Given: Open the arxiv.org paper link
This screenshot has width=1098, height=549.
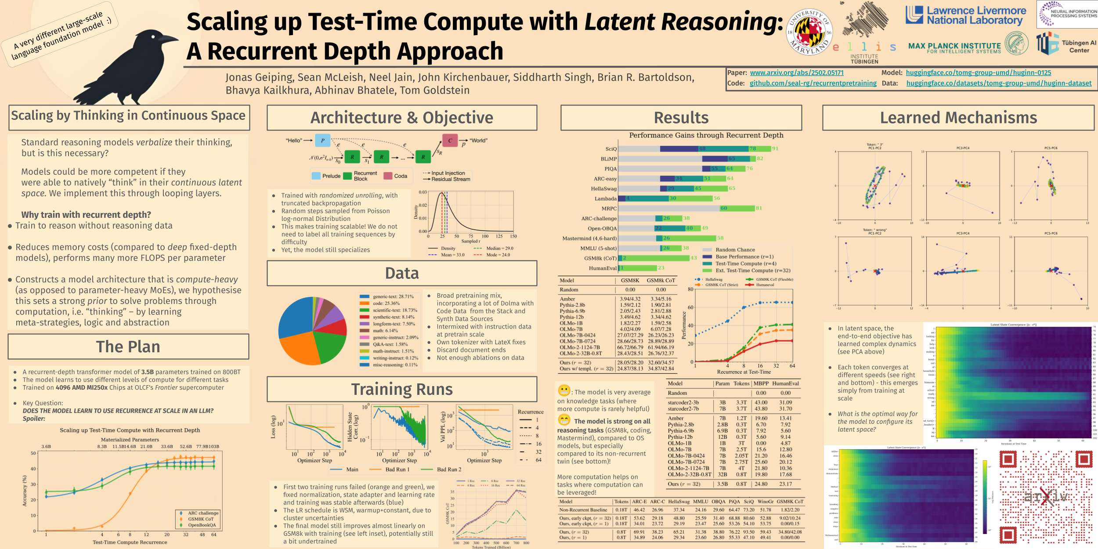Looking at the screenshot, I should [x=797, y=73].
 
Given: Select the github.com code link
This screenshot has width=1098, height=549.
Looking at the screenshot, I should [x=813, y=83].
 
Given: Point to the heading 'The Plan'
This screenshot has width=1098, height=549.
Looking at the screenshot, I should [x=128, y=347].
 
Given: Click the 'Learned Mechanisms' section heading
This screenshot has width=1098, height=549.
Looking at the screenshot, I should [x=958, y=118].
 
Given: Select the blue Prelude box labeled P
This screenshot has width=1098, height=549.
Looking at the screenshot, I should [x=322, y=141].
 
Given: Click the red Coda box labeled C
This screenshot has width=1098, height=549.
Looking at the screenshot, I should [x=450, y=141].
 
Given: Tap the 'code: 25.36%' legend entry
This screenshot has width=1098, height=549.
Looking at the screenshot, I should [x=386, y=303].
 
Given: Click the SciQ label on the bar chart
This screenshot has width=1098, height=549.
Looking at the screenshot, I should [x=611, y=149].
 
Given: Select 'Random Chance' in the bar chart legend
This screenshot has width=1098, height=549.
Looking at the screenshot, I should [x=735, y=249].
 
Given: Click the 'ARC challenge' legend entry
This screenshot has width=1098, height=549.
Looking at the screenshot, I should [x=203, y=513].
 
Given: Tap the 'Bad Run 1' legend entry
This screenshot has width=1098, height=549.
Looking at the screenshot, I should [x=397, y=470].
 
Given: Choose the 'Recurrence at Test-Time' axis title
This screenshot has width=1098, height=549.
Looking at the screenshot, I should [x=744, y=372].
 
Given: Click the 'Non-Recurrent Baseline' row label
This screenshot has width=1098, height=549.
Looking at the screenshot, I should [x=583, y=510].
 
